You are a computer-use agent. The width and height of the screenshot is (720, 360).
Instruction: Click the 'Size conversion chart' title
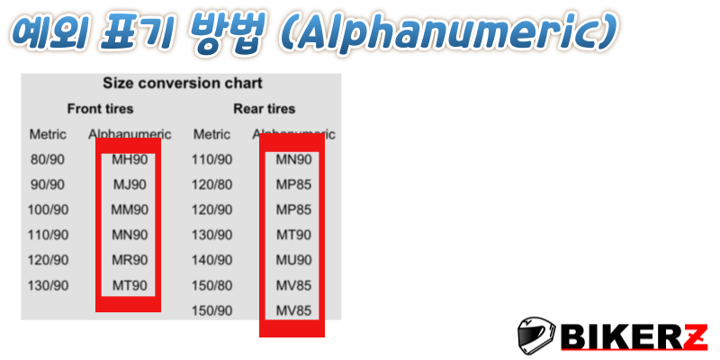pos(183,84)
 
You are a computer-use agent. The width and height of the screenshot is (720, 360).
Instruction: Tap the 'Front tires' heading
pos(100,109)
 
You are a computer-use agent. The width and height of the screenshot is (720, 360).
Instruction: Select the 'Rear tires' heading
pos(264,109)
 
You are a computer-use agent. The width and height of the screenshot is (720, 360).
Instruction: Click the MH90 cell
pos(130,160)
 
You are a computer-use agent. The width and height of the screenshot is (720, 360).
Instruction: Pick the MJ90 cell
pos(130,185)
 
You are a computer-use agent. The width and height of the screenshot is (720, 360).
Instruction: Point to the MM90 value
pos(130,211)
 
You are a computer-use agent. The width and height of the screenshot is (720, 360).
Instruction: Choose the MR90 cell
pos(130,260)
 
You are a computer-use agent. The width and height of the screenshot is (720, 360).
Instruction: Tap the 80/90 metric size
pos(48,160)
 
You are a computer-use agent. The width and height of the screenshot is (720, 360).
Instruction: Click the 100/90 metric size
pos(48,211)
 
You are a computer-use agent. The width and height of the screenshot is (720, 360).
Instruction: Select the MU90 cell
pos(294,260)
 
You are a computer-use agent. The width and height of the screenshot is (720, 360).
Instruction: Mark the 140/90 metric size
pos(212,260)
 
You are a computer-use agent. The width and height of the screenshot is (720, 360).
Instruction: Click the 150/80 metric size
pos(212,285)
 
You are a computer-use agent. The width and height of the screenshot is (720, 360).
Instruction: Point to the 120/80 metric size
pos(212,185)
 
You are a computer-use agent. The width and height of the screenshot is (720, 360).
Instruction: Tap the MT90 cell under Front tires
pos(130,285)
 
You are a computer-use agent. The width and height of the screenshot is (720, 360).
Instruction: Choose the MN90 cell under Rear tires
pos(294,160)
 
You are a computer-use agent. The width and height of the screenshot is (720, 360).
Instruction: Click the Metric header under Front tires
pos(48,134)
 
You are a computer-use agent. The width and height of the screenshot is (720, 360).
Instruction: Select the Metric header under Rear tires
pos(211,134)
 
